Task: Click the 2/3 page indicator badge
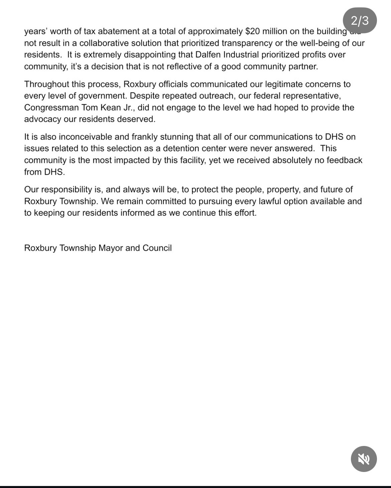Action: pyautogui.click(x=360, y=21)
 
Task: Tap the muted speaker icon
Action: pyautogui.click(x=364, y=459)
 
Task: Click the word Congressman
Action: pyautogui.click(x=51, y=108)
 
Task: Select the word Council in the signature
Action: pyautogui.click(x=157, y=248)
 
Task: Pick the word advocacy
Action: pyautogui.click(x=42, y=119)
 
